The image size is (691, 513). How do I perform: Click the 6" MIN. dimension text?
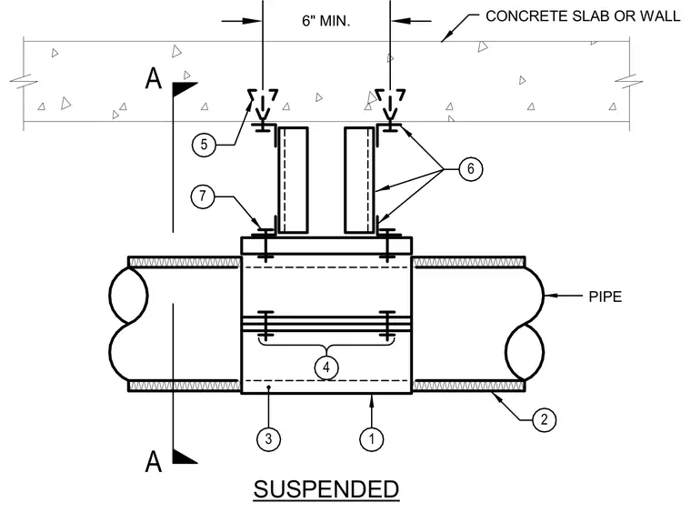coord(326,21)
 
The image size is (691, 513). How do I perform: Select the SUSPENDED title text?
coord(326,489)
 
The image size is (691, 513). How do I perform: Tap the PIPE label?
coord(605,297)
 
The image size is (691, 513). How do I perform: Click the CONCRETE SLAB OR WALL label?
coord(583,16)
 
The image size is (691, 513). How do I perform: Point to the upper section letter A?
coord(154,79)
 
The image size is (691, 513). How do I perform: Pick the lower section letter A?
coord(154,461)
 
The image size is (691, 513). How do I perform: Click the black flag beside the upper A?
coord(182,88)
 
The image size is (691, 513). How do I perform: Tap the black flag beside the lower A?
coord(182,457)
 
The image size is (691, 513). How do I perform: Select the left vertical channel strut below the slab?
coord(293,180)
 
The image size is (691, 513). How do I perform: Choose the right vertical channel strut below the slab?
coord(359,180)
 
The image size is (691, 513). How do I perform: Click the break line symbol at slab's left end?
coord(24,82)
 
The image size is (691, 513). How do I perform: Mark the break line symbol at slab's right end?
coord(629,82)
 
